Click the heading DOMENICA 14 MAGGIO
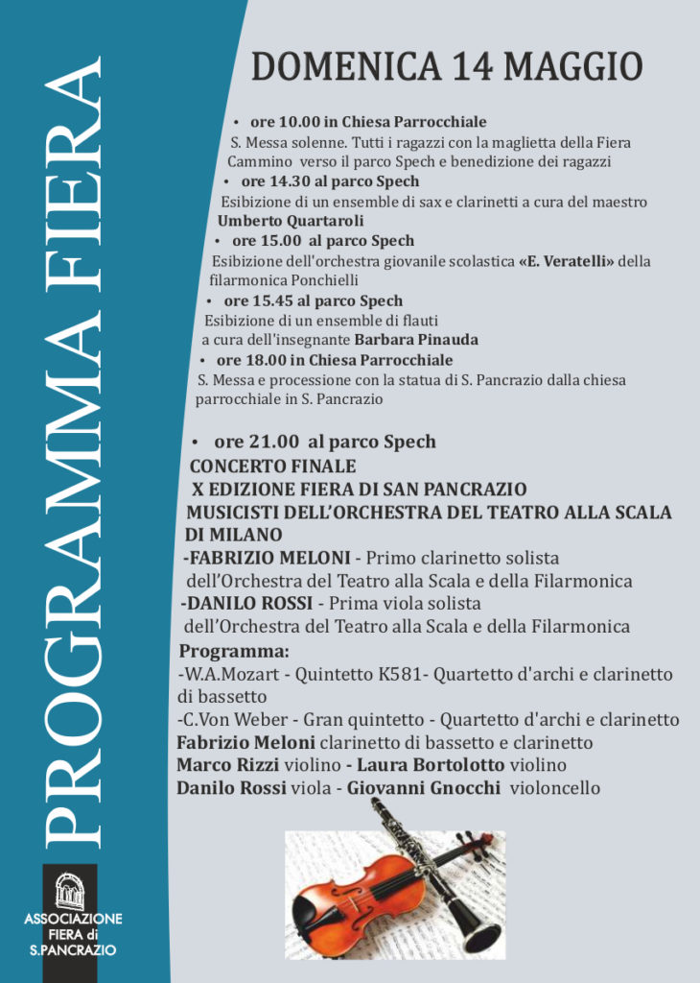click(447, 68)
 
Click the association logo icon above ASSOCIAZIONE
click(69, 892)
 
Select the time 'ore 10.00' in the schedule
click(283, 122)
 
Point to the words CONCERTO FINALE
click(273, 467)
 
